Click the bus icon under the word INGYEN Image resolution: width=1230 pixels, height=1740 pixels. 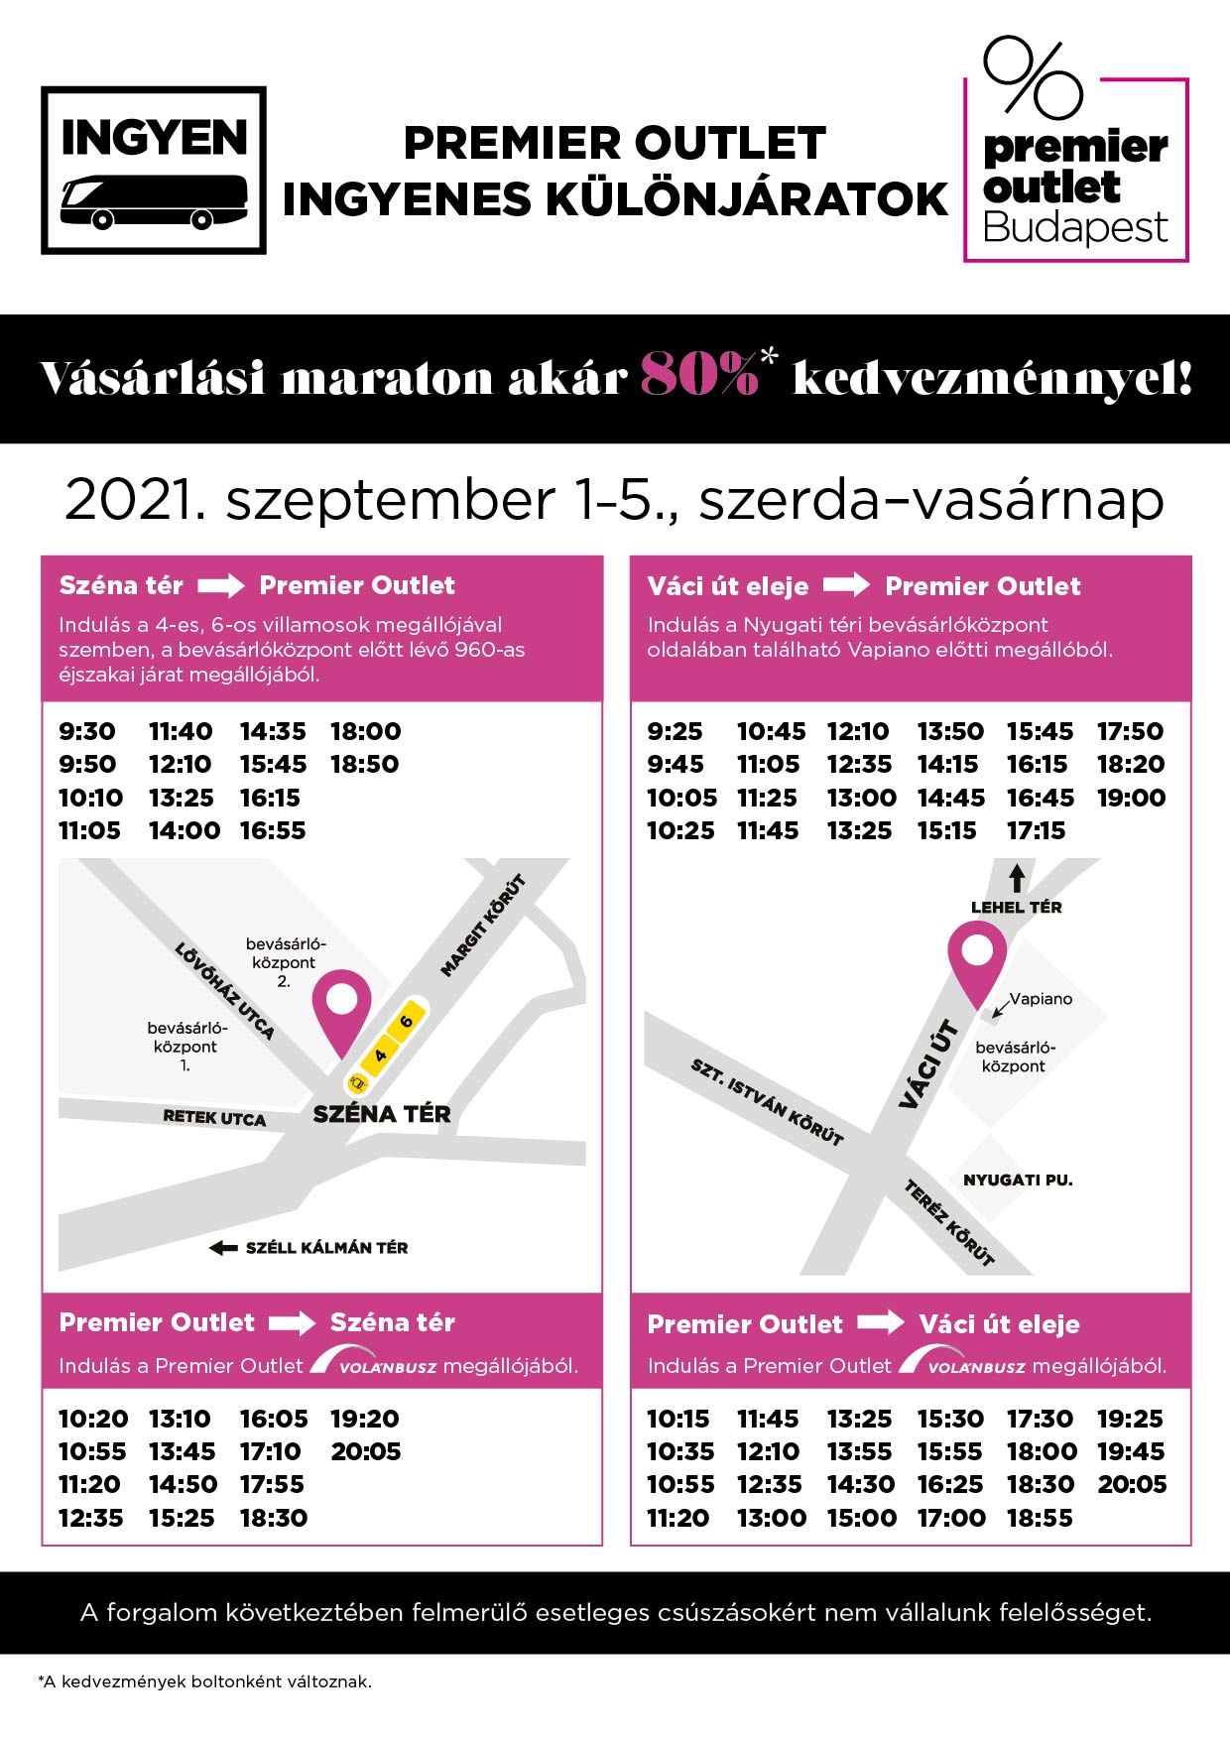(x=154, y=202)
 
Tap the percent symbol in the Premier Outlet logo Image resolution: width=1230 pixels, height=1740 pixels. (x=1032, y=77)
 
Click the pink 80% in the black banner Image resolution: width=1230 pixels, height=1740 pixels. (x=698, y=376)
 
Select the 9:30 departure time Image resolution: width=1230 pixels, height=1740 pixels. (x=87, y=732)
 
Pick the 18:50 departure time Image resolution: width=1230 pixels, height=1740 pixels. (x=365, y=765)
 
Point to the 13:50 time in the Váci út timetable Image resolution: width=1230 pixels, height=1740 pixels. (x=950, y=732)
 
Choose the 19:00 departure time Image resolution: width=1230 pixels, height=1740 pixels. (x=1131, y=799)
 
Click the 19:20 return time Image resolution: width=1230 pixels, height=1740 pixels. (x=365, y=1420)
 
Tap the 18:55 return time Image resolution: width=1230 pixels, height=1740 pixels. (x=1040, y=1519)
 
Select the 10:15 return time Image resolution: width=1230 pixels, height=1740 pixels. (x=678, y=1420)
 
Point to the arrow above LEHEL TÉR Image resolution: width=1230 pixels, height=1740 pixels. (x=1017, y=878)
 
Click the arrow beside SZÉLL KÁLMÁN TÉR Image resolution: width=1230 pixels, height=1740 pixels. (x=223, y=1248)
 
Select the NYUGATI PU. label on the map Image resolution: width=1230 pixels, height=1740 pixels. (x=1018, y=1181)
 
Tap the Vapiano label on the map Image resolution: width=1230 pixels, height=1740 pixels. (x=1041, y=999)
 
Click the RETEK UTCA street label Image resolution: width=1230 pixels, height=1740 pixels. (x=214, y=1118)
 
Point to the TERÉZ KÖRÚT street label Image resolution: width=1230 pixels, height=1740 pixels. (x=948, y=1223)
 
